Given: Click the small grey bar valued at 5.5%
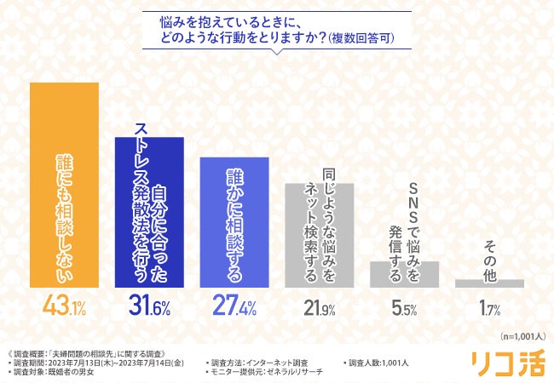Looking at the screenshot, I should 403,274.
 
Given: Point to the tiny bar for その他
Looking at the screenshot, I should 488,283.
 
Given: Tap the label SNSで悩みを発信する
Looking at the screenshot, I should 403,217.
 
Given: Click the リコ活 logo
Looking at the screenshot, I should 508,363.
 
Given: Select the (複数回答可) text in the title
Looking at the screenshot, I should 366,38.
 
